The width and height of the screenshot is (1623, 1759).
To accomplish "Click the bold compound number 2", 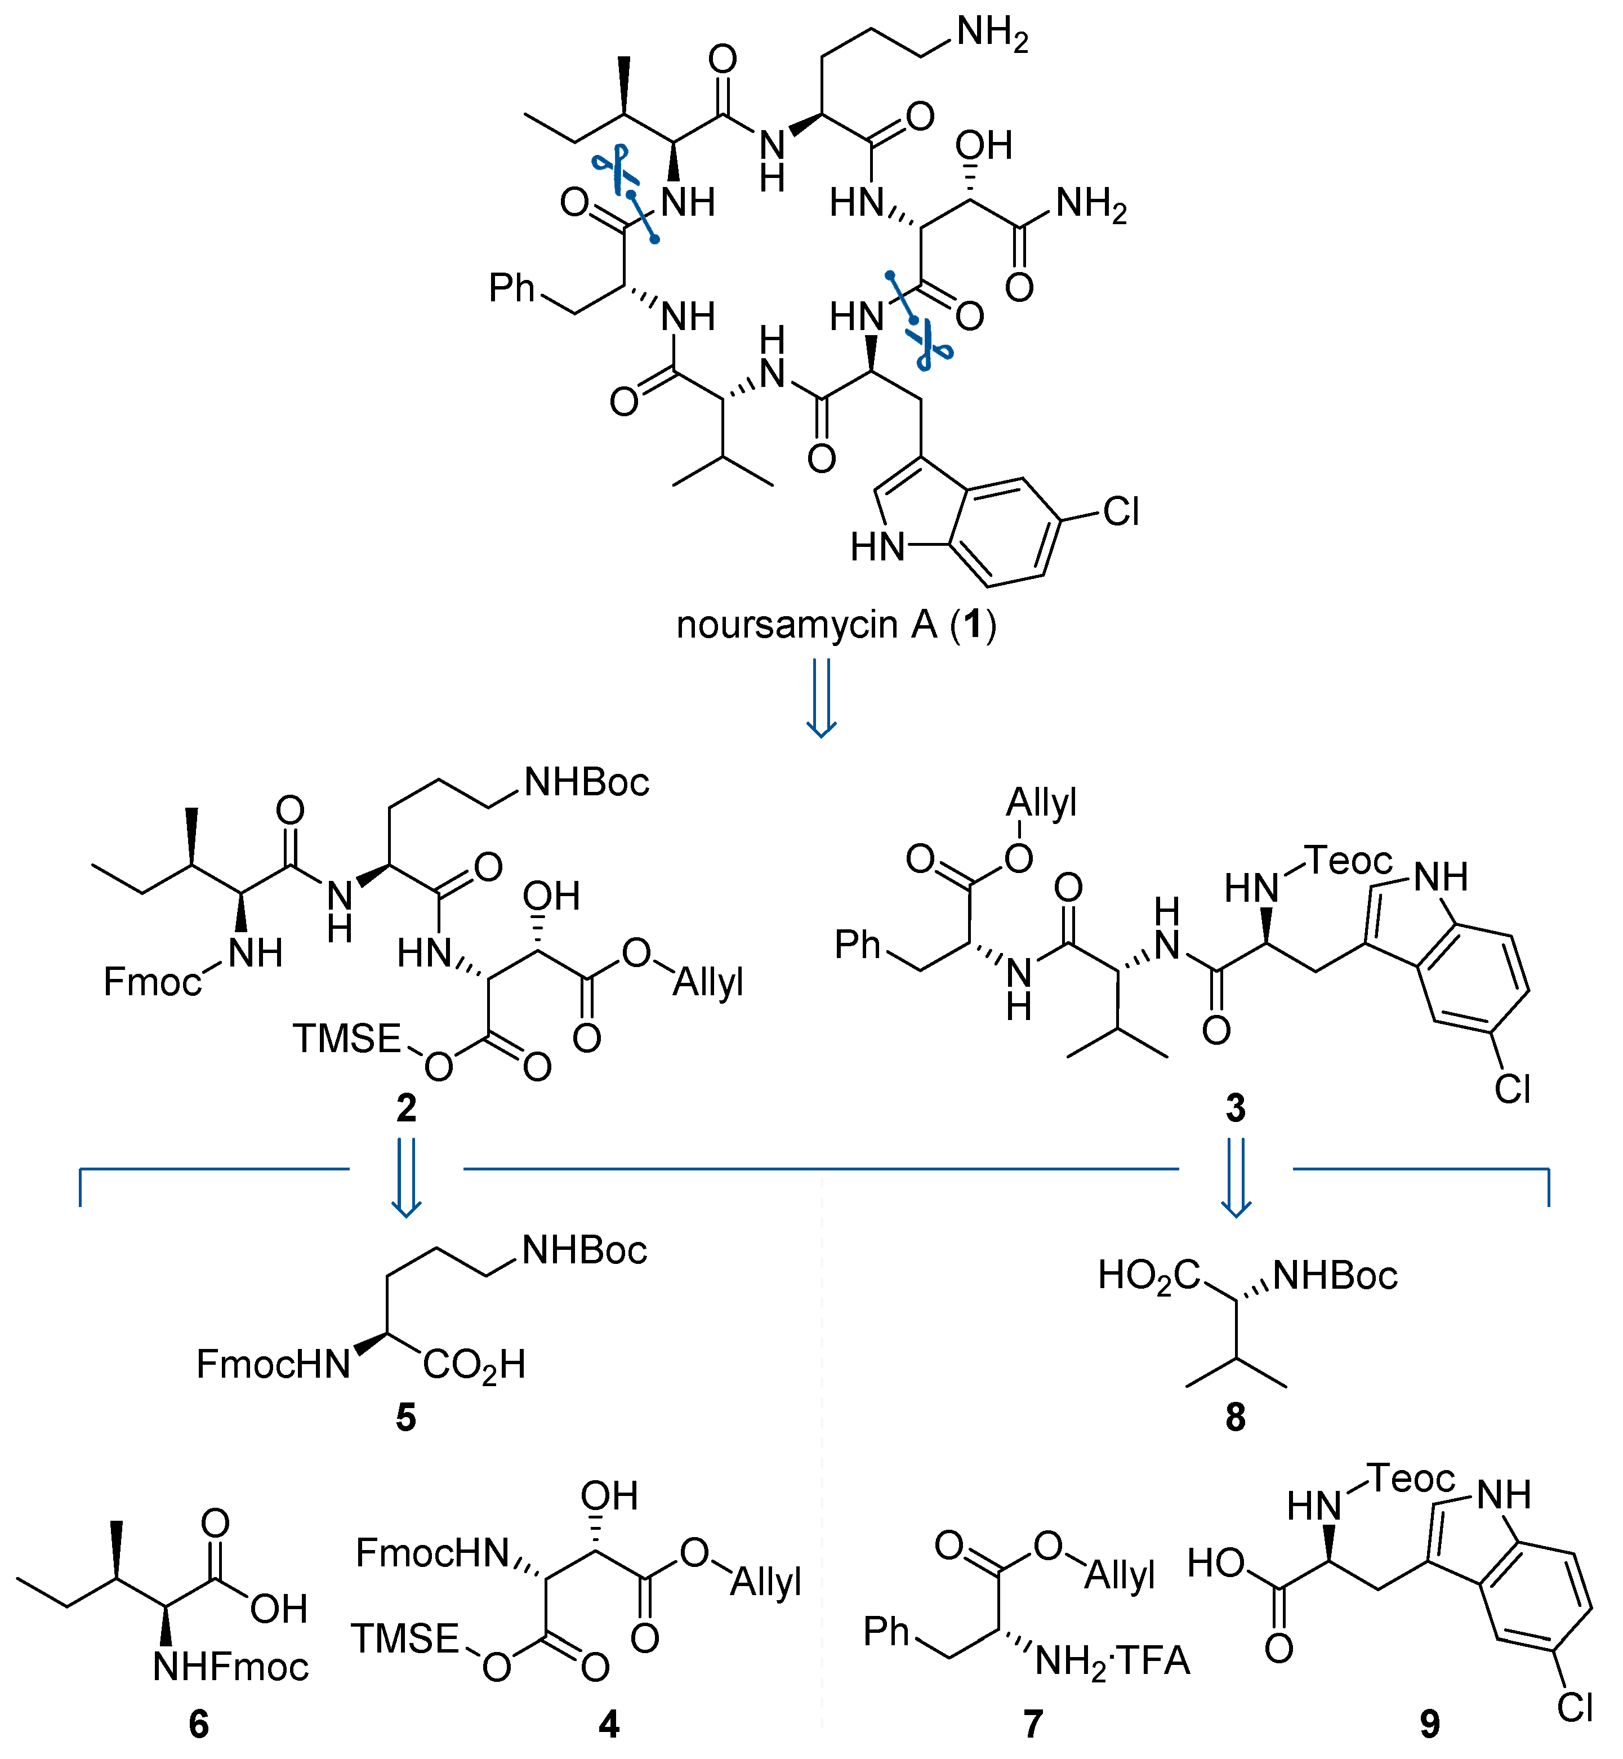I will [405, 1108].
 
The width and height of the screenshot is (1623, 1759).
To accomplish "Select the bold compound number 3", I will [1236, 1108].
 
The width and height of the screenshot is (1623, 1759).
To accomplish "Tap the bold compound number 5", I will [405, 1417].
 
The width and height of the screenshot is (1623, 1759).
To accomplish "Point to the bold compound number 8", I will [1236, 1417].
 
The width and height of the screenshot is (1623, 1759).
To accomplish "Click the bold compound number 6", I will [199, 1725].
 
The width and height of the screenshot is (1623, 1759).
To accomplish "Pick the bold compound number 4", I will [609, 1725].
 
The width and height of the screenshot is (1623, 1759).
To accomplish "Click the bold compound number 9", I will [1430, 1725].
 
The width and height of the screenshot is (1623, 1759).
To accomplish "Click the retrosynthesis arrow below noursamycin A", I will [821, 698].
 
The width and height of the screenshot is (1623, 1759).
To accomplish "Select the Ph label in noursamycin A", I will [511, 288].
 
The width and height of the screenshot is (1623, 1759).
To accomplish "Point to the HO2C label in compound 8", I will [1148, 1276].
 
